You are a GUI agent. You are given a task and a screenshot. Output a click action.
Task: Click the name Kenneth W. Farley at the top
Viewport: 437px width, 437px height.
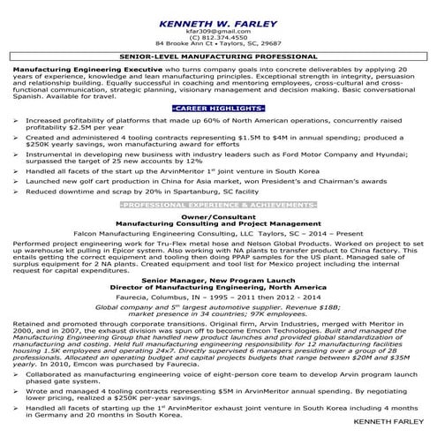coord(218,16)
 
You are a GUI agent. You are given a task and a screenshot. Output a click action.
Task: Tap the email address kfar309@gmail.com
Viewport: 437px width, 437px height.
coord(218,28)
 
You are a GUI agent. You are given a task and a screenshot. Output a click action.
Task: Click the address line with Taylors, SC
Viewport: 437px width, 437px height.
coord(218,42)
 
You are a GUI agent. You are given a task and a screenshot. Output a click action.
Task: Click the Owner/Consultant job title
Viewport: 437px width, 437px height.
coord(218,240)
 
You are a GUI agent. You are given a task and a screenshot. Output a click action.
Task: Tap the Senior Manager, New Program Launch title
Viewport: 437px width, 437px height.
coord(218,303)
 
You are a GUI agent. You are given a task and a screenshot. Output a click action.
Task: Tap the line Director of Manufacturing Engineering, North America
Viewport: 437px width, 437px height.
coord(218,310)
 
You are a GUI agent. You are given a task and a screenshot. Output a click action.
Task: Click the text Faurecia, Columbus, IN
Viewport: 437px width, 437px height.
coord(168,322)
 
